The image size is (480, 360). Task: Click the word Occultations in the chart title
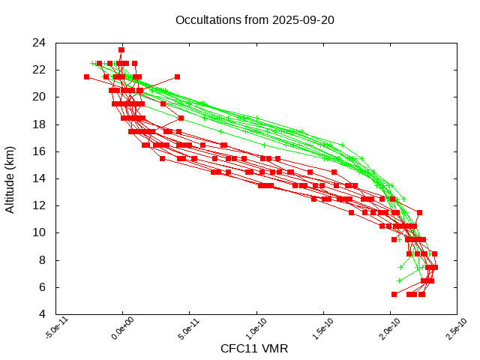point(208,20)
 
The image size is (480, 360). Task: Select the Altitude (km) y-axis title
point(10,178)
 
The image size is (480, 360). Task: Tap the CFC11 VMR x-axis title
point(254,349)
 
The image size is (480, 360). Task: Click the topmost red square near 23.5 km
point(121,50)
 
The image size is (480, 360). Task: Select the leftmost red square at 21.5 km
point(86,76)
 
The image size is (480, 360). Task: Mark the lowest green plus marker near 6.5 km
point(399,280)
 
